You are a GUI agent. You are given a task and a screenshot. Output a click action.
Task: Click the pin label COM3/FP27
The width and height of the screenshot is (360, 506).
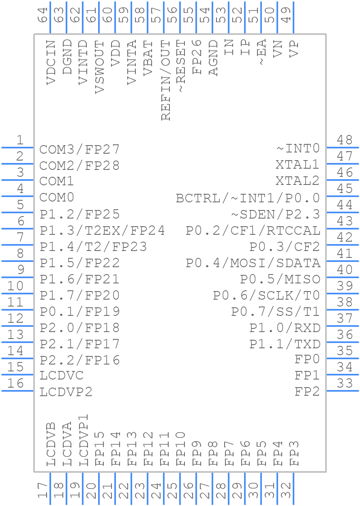tap(79, 149)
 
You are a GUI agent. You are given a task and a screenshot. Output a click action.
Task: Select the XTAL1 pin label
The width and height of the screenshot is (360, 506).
tap(298, 165)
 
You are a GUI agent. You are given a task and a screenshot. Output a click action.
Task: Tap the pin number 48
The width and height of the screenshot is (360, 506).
tap(345, 140)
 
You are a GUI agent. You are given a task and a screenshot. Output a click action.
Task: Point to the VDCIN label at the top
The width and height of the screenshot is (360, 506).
tap(51, 62)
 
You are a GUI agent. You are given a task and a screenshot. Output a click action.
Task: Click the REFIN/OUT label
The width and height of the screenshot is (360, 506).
tap(165, 80)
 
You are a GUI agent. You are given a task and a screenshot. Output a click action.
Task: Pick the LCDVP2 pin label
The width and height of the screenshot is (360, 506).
tap(66, 392)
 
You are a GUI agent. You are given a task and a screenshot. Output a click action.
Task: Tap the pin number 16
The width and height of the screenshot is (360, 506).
tap(16, 383)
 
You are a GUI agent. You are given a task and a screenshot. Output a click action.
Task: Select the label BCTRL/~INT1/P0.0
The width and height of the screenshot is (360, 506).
tap(248, 198)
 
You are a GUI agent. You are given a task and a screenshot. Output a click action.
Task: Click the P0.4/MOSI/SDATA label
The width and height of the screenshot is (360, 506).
tap(253, 263)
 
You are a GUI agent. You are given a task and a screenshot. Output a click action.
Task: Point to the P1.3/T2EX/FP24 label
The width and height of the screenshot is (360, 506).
tap(102, 230)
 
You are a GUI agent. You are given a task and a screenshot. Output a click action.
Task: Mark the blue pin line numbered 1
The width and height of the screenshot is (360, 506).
tap(18, 148)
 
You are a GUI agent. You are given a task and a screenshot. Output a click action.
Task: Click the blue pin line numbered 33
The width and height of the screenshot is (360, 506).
tap(343, 391)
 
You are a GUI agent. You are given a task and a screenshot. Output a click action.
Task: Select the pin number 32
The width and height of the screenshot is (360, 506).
tap(287, 491)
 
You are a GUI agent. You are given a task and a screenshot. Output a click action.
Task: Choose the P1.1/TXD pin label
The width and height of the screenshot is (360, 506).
tap(285, 344)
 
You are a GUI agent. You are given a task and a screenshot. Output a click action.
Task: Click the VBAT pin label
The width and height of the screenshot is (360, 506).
tap(148, 58)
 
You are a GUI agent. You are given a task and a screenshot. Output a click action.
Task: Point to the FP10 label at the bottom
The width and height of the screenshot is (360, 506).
tap(181, 448)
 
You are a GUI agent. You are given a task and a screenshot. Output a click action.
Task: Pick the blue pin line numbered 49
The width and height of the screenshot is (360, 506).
tap(294, 18)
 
